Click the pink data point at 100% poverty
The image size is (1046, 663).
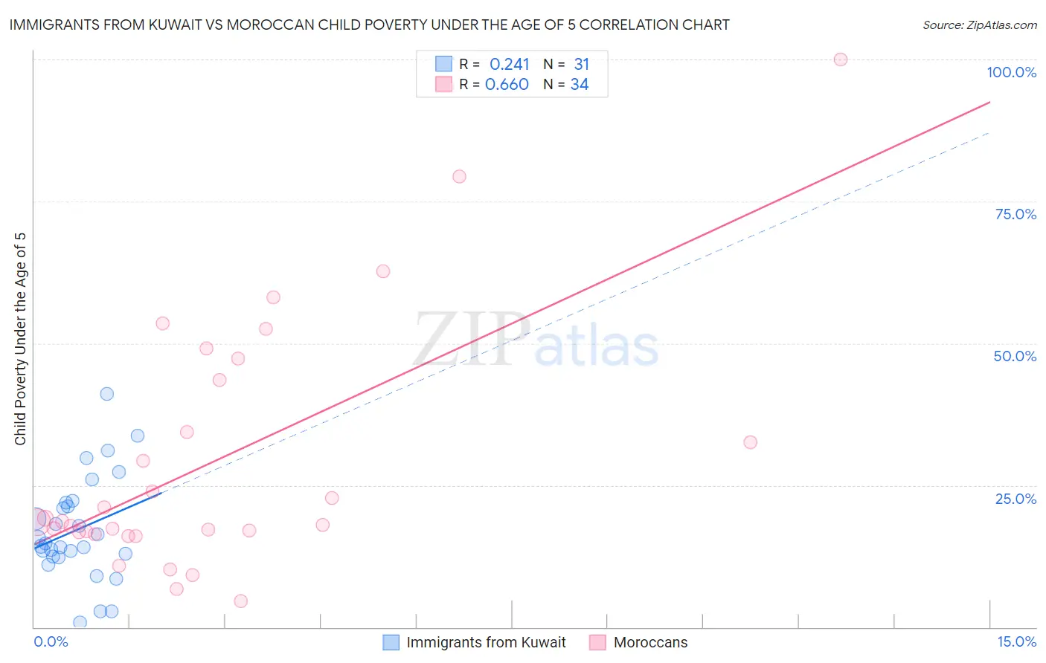coord(840,59)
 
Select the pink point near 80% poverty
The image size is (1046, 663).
coord(459,176)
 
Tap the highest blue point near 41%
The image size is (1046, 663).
coord(107,394)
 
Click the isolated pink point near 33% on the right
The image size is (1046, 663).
coord(750,442)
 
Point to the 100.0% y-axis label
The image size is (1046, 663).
coord(1011,72)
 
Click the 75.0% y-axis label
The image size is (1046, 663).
coord(1015,214)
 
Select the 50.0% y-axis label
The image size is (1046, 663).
coord(1015,356)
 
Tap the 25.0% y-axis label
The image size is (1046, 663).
coord(1015,498)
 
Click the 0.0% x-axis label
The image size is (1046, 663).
coord(51,641)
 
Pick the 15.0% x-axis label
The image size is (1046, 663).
coord(1016,641)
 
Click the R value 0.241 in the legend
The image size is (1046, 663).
coord(509,65)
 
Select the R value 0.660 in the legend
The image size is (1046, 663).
coord(507,85)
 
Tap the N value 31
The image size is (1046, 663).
coord(581,65)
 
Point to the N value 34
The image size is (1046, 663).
coord(580,85)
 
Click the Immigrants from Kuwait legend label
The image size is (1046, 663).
coord(486,642)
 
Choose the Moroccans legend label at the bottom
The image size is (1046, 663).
coord(650,642)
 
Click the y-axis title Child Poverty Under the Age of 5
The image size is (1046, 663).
coord(21,339)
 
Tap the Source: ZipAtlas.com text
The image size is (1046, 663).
coord(979,25)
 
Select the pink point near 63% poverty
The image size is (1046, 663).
coord(383,271)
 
